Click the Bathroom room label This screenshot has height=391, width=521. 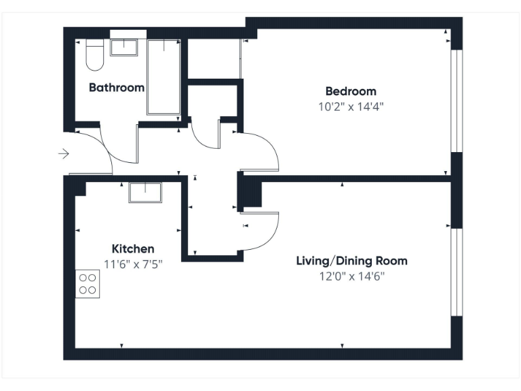tap(117, 88)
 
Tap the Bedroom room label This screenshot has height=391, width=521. tap(350, 92)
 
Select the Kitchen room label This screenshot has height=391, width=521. tap(133, 249)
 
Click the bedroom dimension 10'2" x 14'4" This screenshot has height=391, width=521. tap(350, 107)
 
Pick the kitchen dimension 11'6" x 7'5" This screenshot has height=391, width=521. tap(133, 263)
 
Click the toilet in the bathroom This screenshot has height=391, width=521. tap(94, 55)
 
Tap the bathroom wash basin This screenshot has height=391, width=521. tap(123, 47)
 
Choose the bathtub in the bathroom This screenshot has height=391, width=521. tap(163, 76)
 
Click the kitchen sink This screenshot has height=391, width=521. tap(145, 193)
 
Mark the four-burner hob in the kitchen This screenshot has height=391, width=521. tap(88, 284)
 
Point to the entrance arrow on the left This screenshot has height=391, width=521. tap(64, 154)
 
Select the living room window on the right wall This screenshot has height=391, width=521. tap(457, 272)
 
